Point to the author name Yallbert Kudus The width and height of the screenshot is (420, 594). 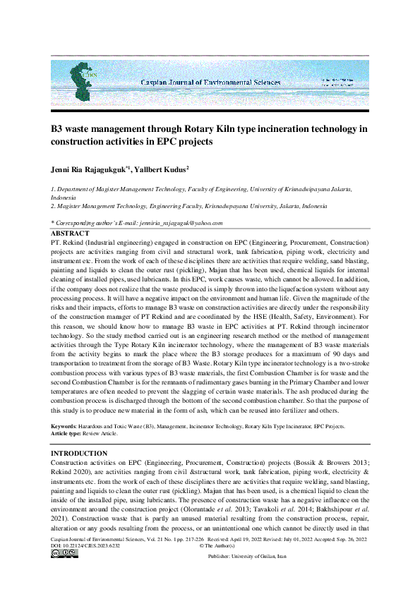pyautogui.click(x=162, y=170)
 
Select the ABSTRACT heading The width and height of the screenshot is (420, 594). pyautogui.click(x=71, y=233)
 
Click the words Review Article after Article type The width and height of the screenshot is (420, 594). pyautogui.click(x=107, y=434)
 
